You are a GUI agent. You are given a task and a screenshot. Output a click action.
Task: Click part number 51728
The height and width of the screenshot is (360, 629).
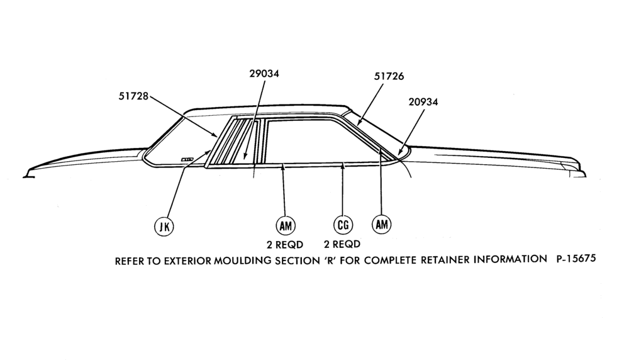pyautogui.click(x=133, y=96)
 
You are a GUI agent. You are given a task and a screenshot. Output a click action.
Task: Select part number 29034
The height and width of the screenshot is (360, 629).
pyautogui.click(x=264, y=74)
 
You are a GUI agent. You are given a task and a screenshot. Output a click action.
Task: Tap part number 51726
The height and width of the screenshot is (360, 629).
pyautogui.click(x=389, y=76)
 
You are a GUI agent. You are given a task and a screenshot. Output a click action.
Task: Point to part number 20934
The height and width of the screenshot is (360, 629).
pyautogui.click(x=423, y=102)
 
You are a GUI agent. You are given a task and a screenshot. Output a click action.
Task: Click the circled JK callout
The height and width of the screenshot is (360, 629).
pyautogui.click(x=164, y=227)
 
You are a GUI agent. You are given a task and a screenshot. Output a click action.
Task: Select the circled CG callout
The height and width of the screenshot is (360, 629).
pyautogui.click(x=343, y=225)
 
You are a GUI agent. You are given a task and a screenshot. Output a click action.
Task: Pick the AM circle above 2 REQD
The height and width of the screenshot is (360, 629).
pyautogui.click(x=286, y=225)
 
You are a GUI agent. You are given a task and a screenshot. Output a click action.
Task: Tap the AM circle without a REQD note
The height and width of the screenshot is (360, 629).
pyautogui.click(x=382, y=224)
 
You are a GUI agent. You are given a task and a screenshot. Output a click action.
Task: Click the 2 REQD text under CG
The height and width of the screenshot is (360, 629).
pyautogui.click(x=342, y=244)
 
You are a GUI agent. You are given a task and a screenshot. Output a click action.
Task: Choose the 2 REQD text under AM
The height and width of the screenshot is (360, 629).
pyautogui.click(x=285, y=244)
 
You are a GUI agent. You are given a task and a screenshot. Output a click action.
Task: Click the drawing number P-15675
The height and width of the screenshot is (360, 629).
pyautogui.click(x=576, y=259)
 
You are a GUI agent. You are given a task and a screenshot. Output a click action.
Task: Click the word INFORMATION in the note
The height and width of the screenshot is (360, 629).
pyautogui.click(x=510, y=259)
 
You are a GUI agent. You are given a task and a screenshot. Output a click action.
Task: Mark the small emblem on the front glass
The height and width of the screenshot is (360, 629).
pyautogui.click(x=187, y=159)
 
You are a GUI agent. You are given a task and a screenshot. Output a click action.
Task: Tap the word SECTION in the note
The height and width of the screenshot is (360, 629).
pyautogui.click(x=297, y=261)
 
